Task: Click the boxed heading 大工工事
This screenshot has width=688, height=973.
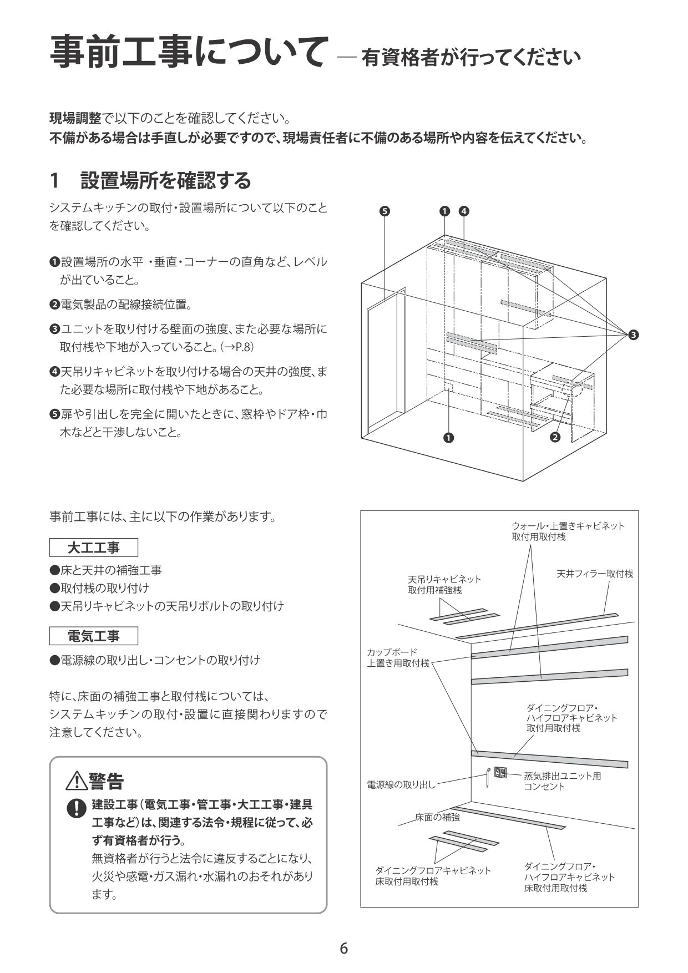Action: pyautogui.click(x=93, y=548)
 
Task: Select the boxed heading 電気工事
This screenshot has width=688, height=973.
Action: pyautogui.click(x=93, y=636)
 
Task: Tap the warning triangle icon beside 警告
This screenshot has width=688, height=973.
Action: pyautogui.click(x=75, y=781)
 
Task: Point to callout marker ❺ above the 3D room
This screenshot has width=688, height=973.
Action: pyautogui.click(x=385, y=211)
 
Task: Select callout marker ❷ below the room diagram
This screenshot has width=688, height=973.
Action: pyautogui.click(x=555, y=437)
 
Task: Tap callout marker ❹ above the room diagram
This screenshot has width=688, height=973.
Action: pyautogui.click(x=464, y=211)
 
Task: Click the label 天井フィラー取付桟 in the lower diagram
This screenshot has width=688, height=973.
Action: pyautogui.click(x=594, y=574)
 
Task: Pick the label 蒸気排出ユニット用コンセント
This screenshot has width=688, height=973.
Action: pyautogui.click(x=562, y=781)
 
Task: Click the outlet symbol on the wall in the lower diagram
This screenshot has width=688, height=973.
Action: pyautogui.click(x=500, y=772)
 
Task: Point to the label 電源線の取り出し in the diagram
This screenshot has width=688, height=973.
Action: pyautogui.click(x=401, y=785)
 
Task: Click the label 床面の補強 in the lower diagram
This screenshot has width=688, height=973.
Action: pyautogui.click(x=437, y=817)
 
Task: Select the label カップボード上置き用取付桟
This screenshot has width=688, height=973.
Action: pyautogui.click(x=398, y=657)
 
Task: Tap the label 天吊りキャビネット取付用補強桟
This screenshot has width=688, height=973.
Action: pyautogui.click(x=444, y=584)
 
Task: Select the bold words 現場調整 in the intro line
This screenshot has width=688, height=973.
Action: pyautogui.click(x=75, y=118)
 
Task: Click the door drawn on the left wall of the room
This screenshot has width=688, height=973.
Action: pyautogui.click(x=387, y=361)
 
